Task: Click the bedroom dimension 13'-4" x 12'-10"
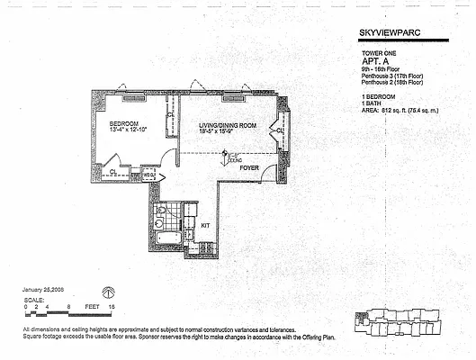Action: pyautogui.click(x=127, y=130)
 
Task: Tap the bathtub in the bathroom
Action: pyautogui.click(x=166, y=238)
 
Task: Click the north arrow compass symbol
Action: pyautogui.click(x=110, y=292)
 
